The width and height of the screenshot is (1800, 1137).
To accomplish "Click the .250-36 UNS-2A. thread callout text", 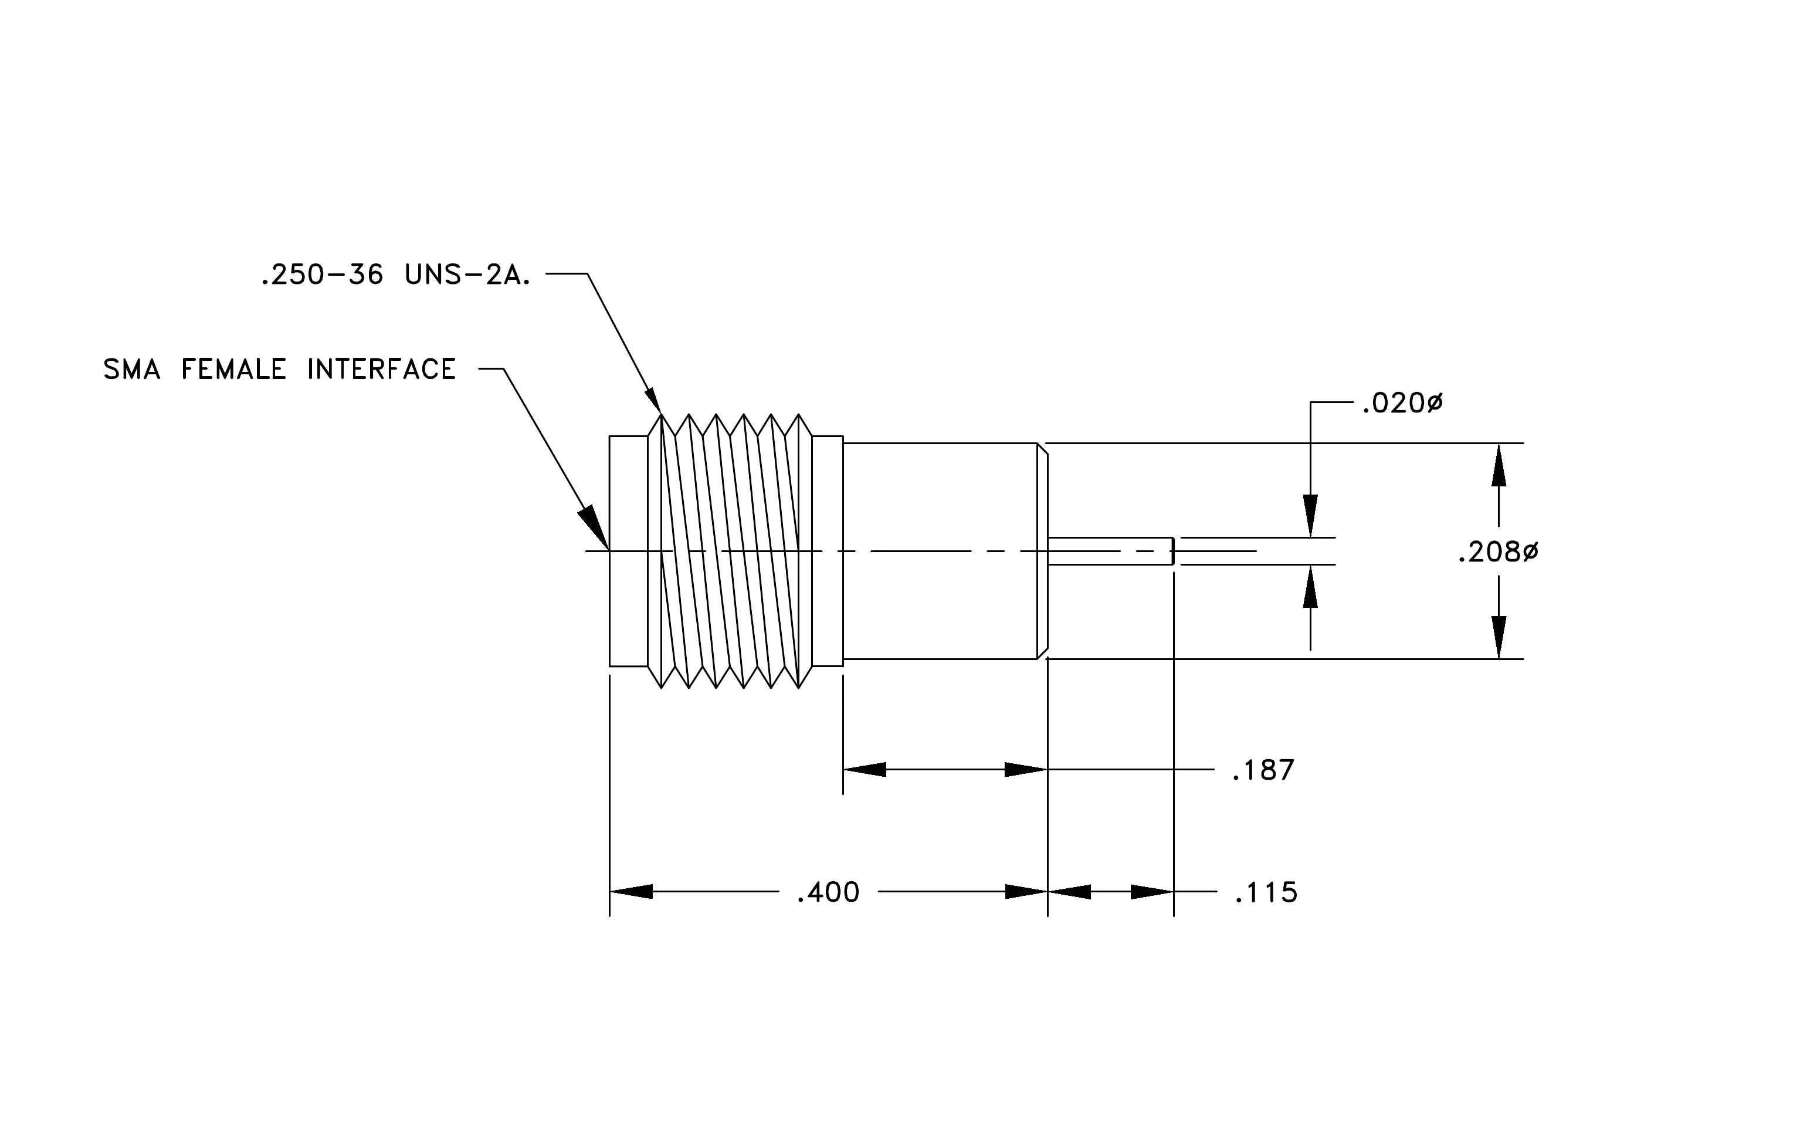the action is tap(395, 275).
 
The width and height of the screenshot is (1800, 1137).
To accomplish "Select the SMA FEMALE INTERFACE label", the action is tap(280, 369).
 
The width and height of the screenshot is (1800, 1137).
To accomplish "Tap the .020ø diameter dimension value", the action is tap(1402, 404).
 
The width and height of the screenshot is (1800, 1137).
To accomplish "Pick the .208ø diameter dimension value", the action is tap(1498, 553).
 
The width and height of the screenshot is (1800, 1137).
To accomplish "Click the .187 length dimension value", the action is tap(1263, 770).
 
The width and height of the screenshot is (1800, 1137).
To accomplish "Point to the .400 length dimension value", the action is tap(828, 892).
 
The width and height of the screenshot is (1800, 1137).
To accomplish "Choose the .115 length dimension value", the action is tap(1266, 892).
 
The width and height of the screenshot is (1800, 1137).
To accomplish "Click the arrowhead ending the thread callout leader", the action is tap(653, 401).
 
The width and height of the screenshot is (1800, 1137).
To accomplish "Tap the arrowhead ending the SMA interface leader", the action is tap(594, 528).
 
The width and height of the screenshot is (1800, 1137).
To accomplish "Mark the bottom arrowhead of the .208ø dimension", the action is tap(1499, 638).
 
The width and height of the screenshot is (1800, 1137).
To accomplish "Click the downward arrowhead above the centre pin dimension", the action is tap(1310, 516).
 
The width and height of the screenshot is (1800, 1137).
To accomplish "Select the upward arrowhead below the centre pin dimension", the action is tap(1310, 586).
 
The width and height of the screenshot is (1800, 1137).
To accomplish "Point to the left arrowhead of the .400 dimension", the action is tap(631, 892).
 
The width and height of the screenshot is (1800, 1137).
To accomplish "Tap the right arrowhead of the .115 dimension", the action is tap(1152, 892).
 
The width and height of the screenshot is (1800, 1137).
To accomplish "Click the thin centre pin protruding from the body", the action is tap(1111, 551).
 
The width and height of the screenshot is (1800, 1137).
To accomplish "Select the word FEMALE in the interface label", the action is tap(234, 369).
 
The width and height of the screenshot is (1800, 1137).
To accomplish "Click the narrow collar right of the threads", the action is tap(828, 551).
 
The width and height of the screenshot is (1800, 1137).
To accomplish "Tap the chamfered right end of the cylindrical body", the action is tap(1043, 551).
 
